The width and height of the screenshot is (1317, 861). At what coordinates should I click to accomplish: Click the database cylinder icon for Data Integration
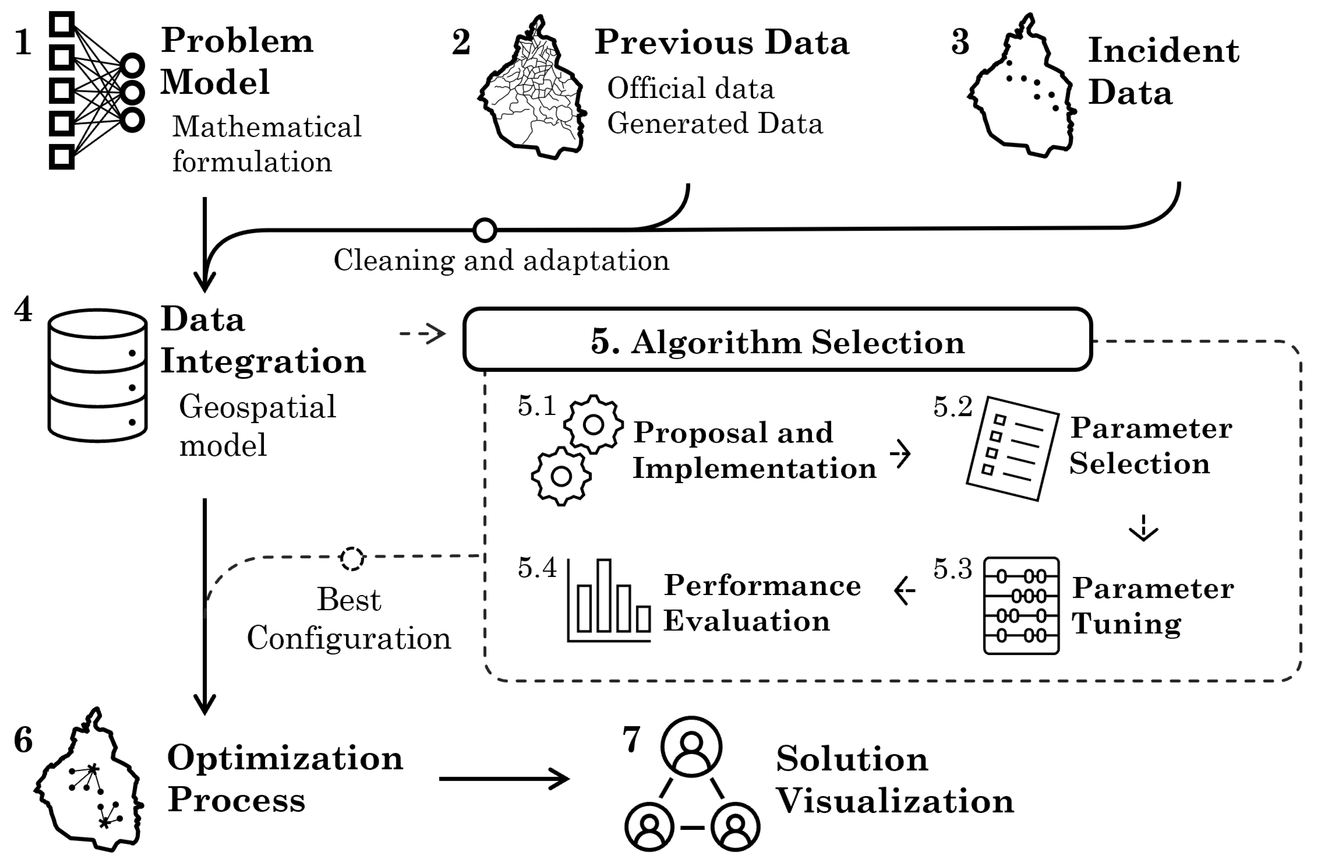pos(97,376)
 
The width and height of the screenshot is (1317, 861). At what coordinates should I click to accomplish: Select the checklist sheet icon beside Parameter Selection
pos(1013,448)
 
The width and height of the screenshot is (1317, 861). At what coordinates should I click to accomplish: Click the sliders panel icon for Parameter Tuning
pos(1021,606)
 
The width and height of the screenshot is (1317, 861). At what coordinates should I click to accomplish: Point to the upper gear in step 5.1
pos(593,425)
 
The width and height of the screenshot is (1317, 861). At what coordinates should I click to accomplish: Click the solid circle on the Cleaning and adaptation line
pos(485,230)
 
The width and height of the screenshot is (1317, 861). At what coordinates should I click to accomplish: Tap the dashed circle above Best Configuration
pos(352,559)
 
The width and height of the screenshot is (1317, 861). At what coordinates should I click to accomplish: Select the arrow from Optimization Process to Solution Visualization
pos(503,778)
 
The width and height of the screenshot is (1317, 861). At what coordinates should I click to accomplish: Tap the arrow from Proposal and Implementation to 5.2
pos(900,454)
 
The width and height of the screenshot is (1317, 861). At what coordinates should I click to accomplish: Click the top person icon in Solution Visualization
pos(691,746)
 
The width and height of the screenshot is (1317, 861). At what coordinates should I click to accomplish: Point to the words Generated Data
pos(715,123)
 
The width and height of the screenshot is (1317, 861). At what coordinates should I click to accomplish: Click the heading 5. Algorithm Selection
pos(778,342)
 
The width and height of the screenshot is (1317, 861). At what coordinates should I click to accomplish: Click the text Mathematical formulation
pos(266,144)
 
